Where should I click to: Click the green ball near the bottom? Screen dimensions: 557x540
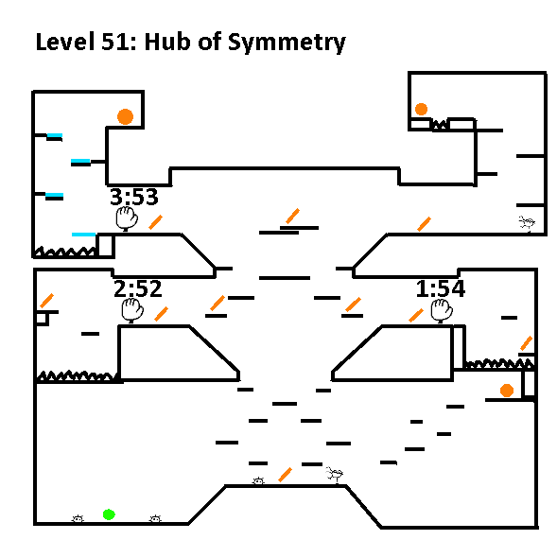tap(109, 514)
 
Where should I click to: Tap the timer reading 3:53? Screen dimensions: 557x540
tap(134, 197)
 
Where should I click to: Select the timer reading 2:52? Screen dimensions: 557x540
tap(138, 288)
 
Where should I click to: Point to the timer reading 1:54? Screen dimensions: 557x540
tap(441, 288)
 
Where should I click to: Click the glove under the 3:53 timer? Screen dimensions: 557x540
tap(127, 218)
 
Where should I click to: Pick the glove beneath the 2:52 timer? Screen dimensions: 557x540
tap(132, 310)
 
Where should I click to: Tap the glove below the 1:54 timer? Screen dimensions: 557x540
tap(442, 311)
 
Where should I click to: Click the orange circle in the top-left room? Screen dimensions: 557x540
tap(125, 116)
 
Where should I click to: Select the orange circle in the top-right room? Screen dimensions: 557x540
tap(421, 109)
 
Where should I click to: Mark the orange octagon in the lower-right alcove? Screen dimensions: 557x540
tap(507, 390)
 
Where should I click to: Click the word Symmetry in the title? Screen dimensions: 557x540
tap(287, 43)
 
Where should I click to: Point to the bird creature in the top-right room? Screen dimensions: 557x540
tap(527, 223)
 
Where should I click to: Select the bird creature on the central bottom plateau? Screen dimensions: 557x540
tap(334, 475)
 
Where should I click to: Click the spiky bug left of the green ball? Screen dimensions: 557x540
tap(78, 519)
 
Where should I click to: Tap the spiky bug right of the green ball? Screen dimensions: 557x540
tap(155, 519)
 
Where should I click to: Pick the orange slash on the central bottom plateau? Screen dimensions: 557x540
tap(285, 475)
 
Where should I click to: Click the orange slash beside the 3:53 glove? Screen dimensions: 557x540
tap(156, 222)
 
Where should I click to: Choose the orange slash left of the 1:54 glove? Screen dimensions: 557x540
tap(416, 316)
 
